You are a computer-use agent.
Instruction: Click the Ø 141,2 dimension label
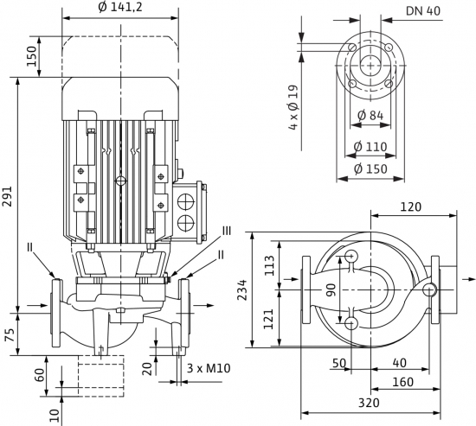coord(120,7)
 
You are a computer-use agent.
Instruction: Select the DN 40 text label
coord(423,11)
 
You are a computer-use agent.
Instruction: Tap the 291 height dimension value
coord(7,196)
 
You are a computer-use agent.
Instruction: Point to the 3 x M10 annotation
coord(209,368)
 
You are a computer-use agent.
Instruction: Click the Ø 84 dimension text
coord(370,115)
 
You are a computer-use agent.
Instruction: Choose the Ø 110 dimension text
coord(370,147)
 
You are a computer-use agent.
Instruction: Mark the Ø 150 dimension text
coord(370,168)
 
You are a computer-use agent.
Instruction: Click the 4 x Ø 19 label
coord(293,108)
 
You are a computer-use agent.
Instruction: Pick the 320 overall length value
coord(369,403)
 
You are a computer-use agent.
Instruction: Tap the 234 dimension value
coord(242,289)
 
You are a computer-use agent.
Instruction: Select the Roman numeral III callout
coord(226,231)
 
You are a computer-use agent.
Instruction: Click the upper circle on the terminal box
coord(185,201)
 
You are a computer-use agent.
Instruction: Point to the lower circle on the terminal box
coord(185,224)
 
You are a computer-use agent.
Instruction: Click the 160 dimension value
coord(402,382)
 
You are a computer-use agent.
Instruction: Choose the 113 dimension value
coord(269,265)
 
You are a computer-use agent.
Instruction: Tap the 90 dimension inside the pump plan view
coord(331,289)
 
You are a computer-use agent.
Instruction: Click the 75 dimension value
coord(11,334)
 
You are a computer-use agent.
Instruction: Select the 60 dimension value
coord(41,375)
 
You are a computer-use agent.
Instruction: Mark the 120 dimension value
coord(411,207)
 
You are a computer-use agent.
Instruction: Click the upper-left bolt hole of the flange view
coord(352,48)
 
